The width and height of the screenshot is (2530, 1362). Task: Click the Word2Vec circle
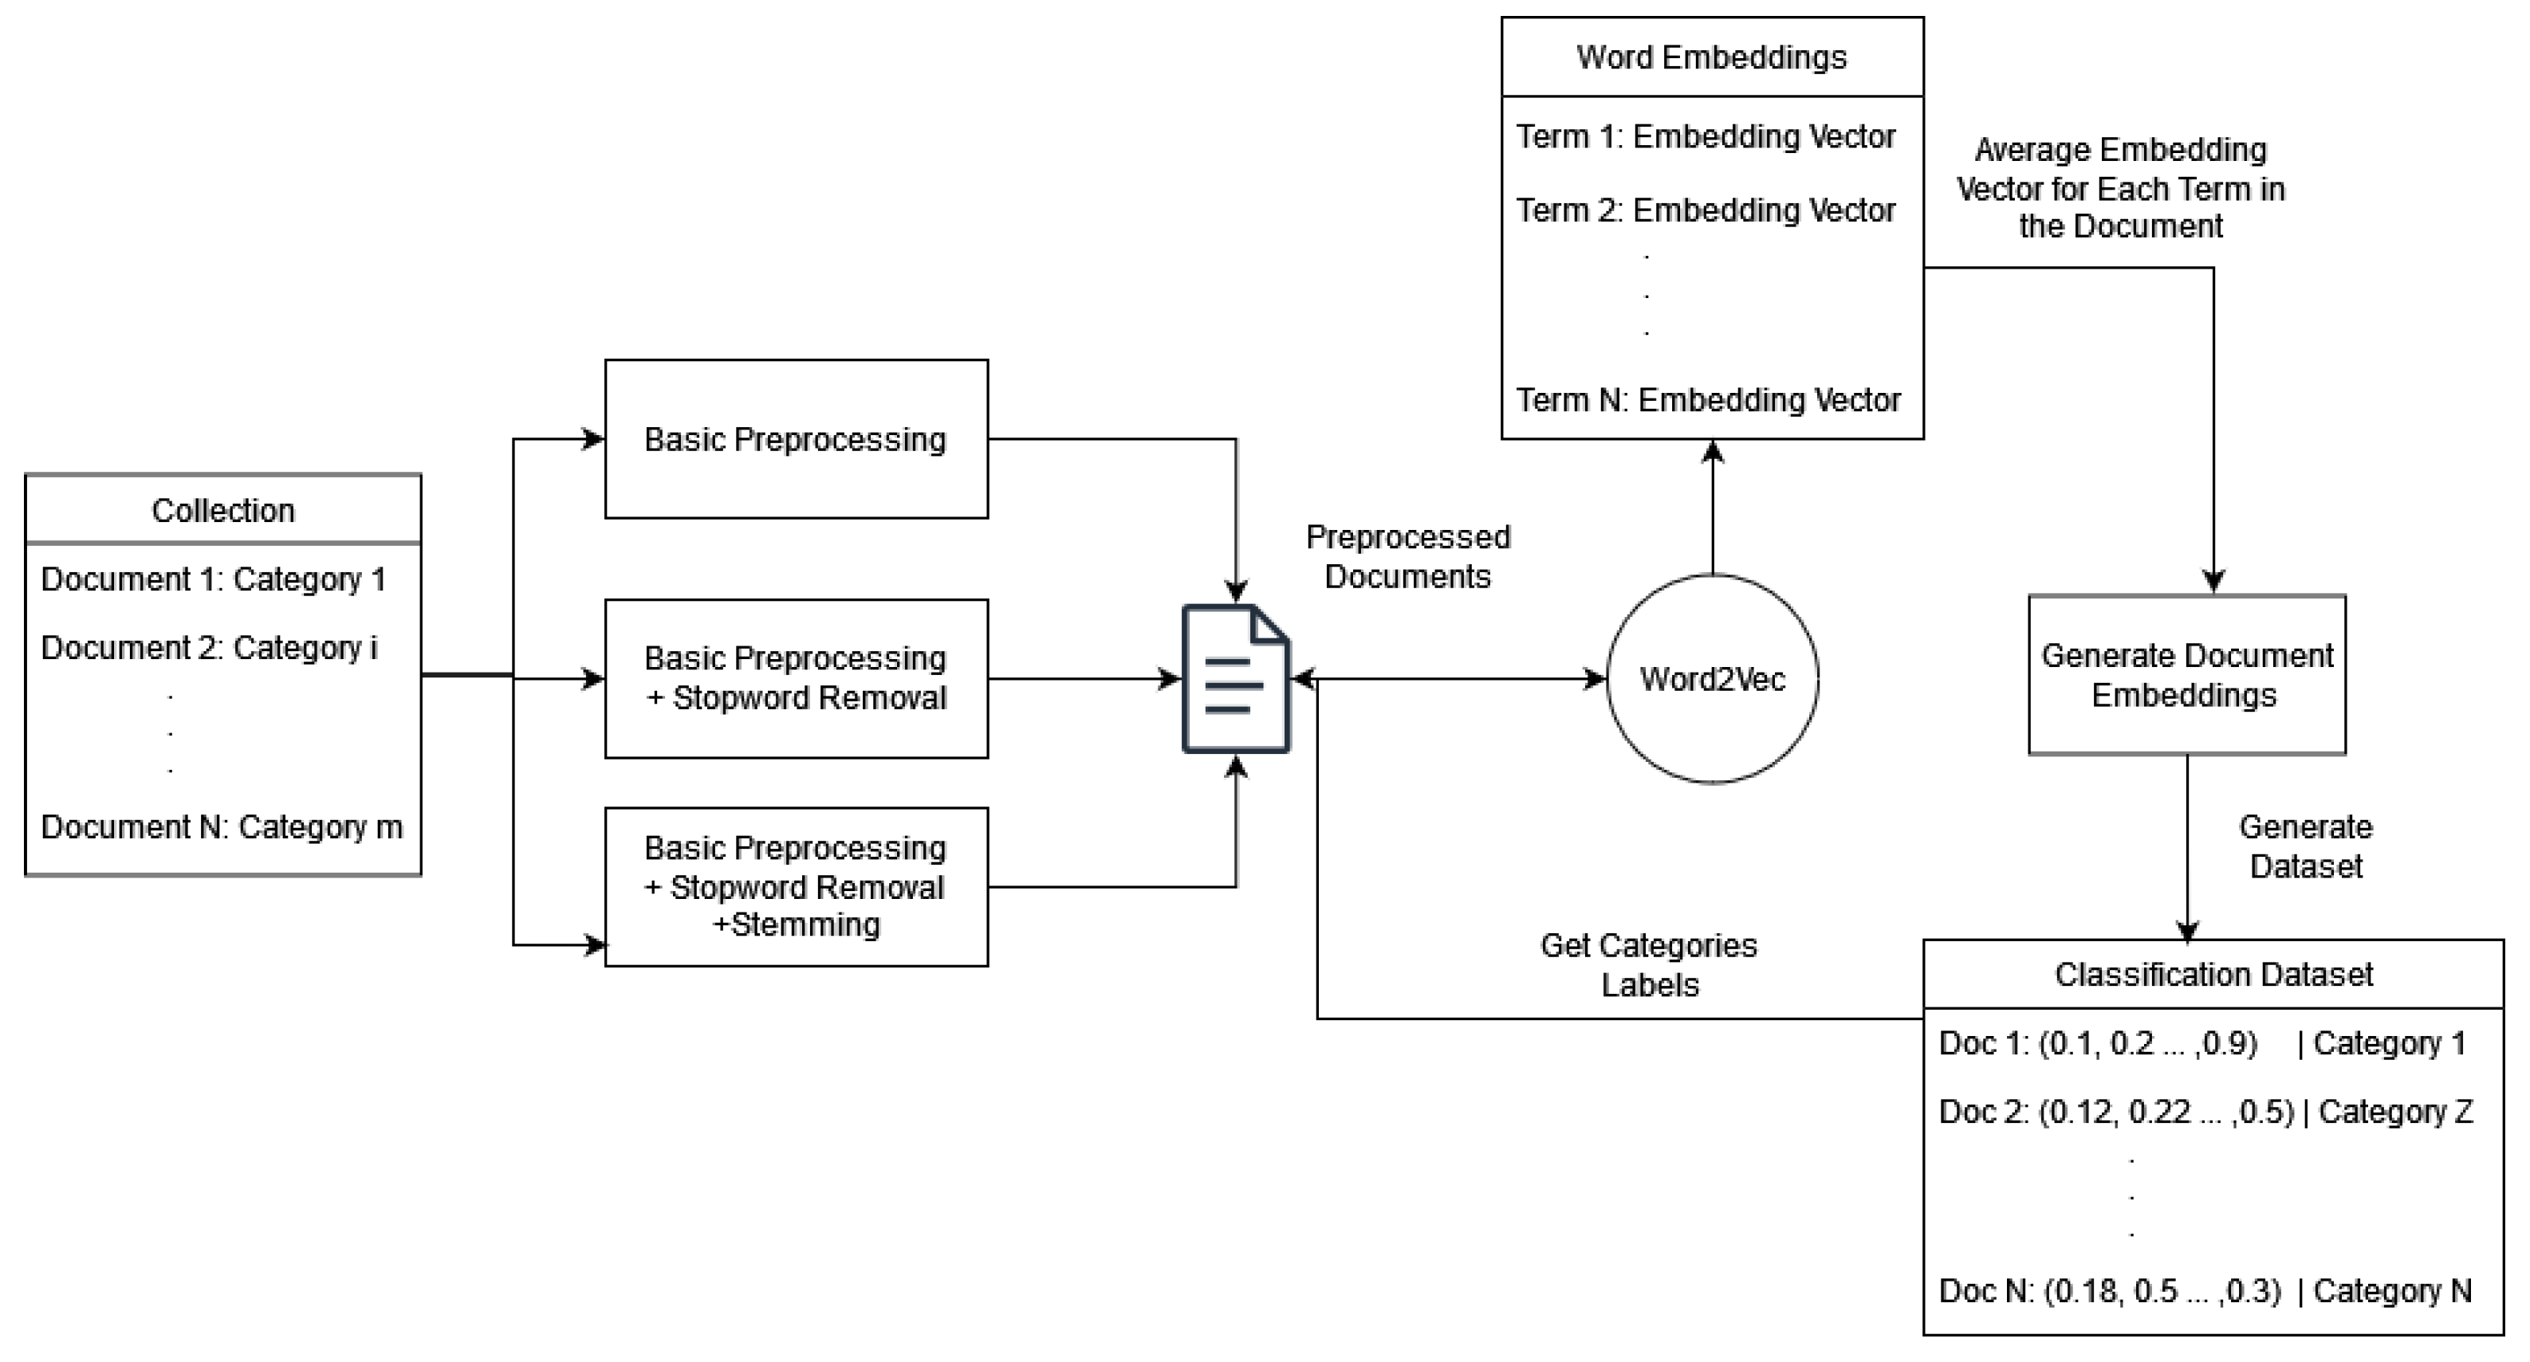click(x=1712, y=678)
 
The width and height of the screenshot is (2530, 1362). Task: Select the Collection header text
click(x=223, y=511)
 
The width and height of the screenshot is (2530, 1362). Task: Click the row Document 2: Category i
click(x=209, y=648)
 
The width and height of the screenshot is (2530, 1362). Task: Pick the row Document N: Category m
click(x=222, y=826)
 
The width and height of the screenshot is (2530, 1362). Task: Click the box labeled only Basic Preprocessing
click(x=796, y=439)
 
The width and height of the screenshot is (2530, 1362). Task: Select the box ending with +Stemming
click(x=796, y=887)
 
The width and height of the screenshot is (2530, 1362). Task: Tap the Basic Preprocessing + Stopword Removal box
click(x=796, y=678)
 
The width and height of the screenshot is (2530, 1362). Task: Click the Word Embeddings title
click(x=1711, y=57)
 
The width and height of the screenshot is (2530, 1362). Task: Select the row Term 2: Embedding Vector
click(x=1705, y=210)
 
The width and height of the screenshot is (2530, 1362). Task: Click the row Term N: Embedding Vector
click(x=1708, y=399)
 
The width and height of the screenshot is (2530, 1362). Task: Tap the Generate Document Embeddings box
click(x=2186, y=674)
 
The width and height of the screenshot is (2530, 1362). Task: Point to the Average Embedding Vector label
click(x=2120, y=187)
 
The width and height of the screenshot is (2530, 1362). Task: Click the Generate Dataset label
click(x=2305, y=846)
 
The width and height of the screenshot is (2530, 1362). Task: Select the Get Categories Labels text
click(x=1649, y=964)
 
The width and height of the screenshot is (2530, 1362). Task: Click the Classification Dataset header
click(x=2213, y=974)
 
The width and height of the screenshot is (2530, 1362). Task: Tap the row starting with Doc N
click(x=2204, y=1290)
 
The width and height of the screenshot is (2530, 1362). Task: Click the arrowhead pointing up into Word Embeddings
click(x=1712, y=452)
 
